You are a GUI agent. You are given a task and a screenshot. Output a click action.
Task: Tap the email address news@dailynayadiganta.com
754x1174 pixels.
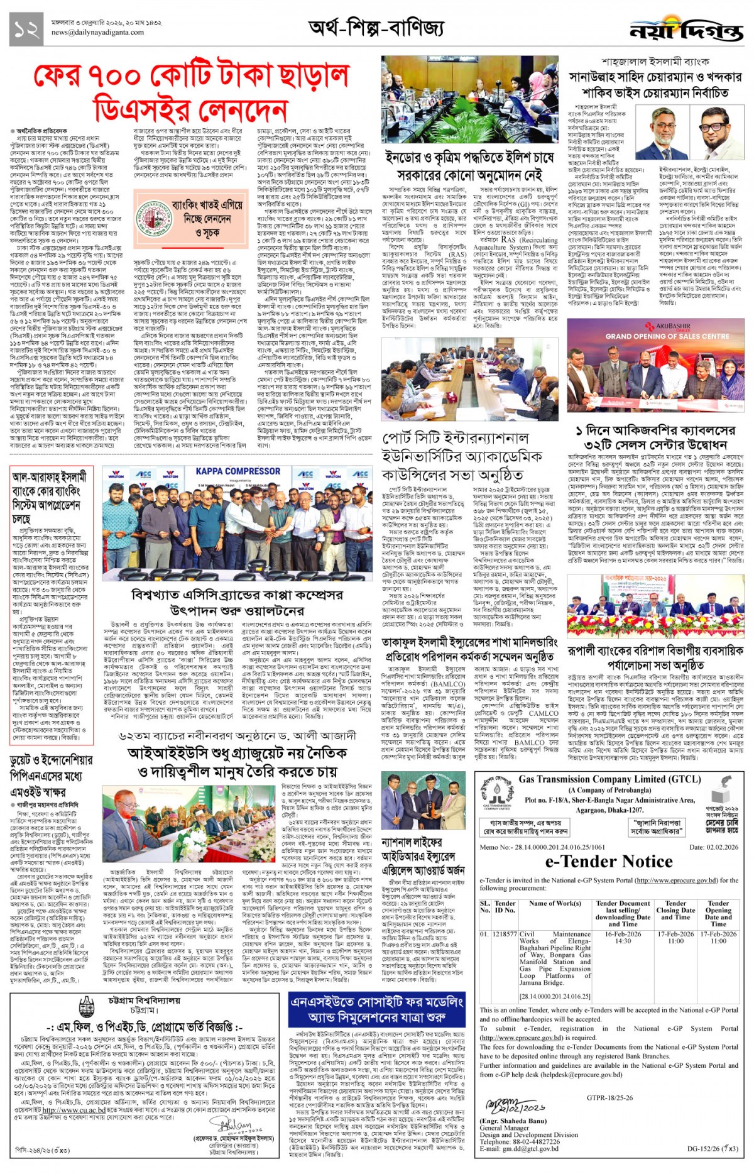click(x=97, y=32)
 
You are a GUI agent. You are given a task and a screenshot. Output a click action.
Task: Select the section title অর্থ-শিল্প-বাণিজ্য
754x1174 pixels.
click(x=376, y=28)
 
